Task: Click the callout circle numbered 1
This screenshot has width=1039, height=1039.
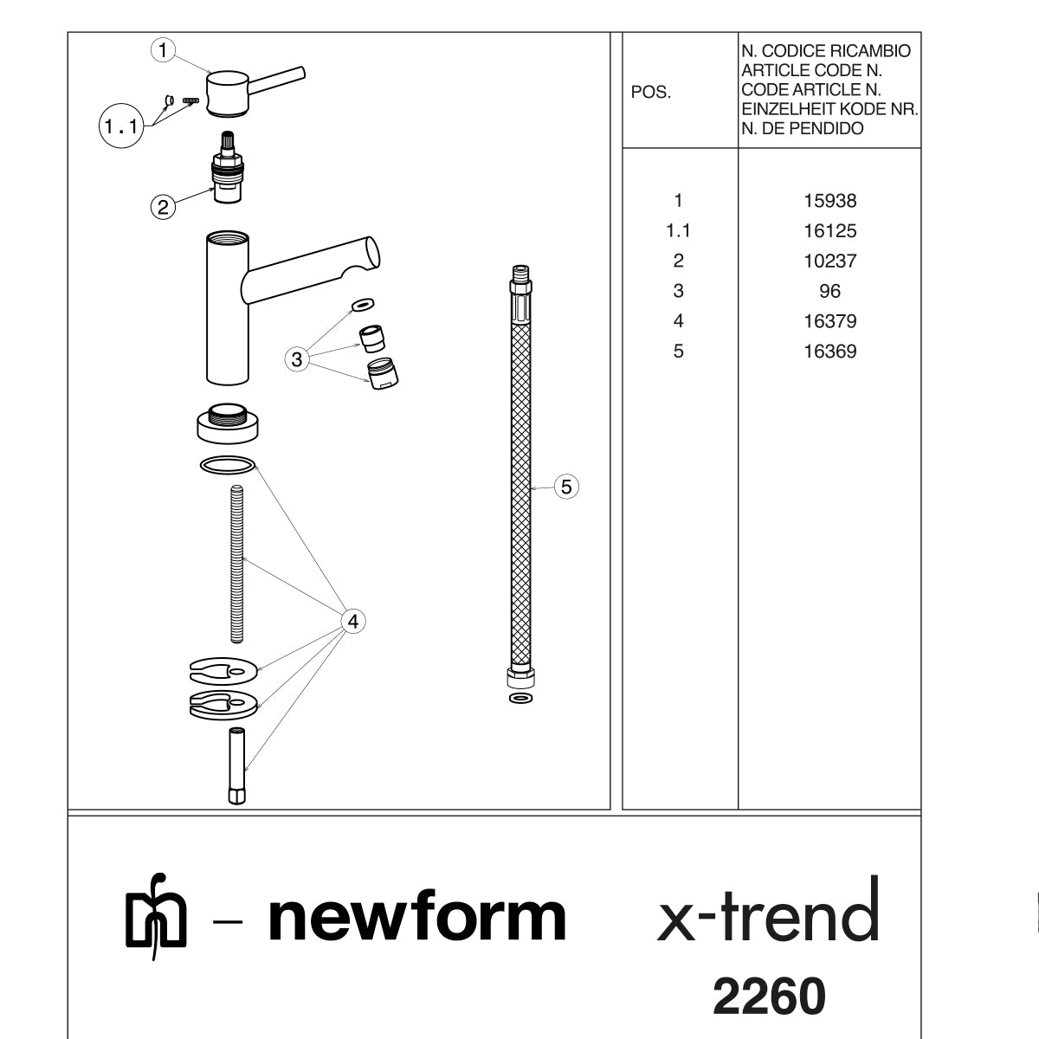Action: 163,50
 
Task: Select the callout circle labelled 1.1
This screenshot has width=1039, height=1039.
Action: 121,126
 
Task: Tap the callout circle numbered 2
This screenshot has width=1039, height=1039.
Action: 163,207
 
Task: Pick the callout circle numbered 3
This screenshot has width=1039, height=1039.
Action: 297,359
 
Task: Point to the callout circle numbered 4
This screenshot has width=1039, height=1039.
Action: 353,621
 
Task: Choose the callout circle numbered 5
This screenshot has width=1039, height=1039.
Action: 566,487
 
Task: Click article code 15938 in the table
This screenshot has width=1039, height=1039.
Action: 829,201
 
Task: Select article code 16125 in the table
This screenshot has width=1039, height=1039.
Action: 829,231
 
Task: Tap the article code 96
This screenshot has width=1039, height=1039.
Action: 829,291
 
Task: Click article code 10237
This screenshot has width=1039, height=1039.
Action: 829,261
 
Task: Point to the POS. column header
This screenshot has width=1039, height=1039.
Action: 651,92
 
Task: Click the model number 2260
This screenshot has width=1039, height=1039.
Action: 769,996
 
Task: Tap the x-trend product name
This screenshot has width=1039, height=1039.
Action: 768,909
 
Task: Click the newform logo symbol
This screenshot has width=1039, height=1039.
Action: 156,917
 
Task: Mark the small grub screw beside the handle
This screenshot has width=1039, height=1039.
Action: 190,100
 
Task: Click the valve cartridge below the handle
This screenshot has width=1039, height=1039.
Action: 228,167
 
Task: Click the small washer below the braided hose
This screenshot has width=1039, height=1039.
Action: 520,699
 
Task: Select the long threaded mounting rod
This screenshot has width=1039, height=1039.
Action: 236,564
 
